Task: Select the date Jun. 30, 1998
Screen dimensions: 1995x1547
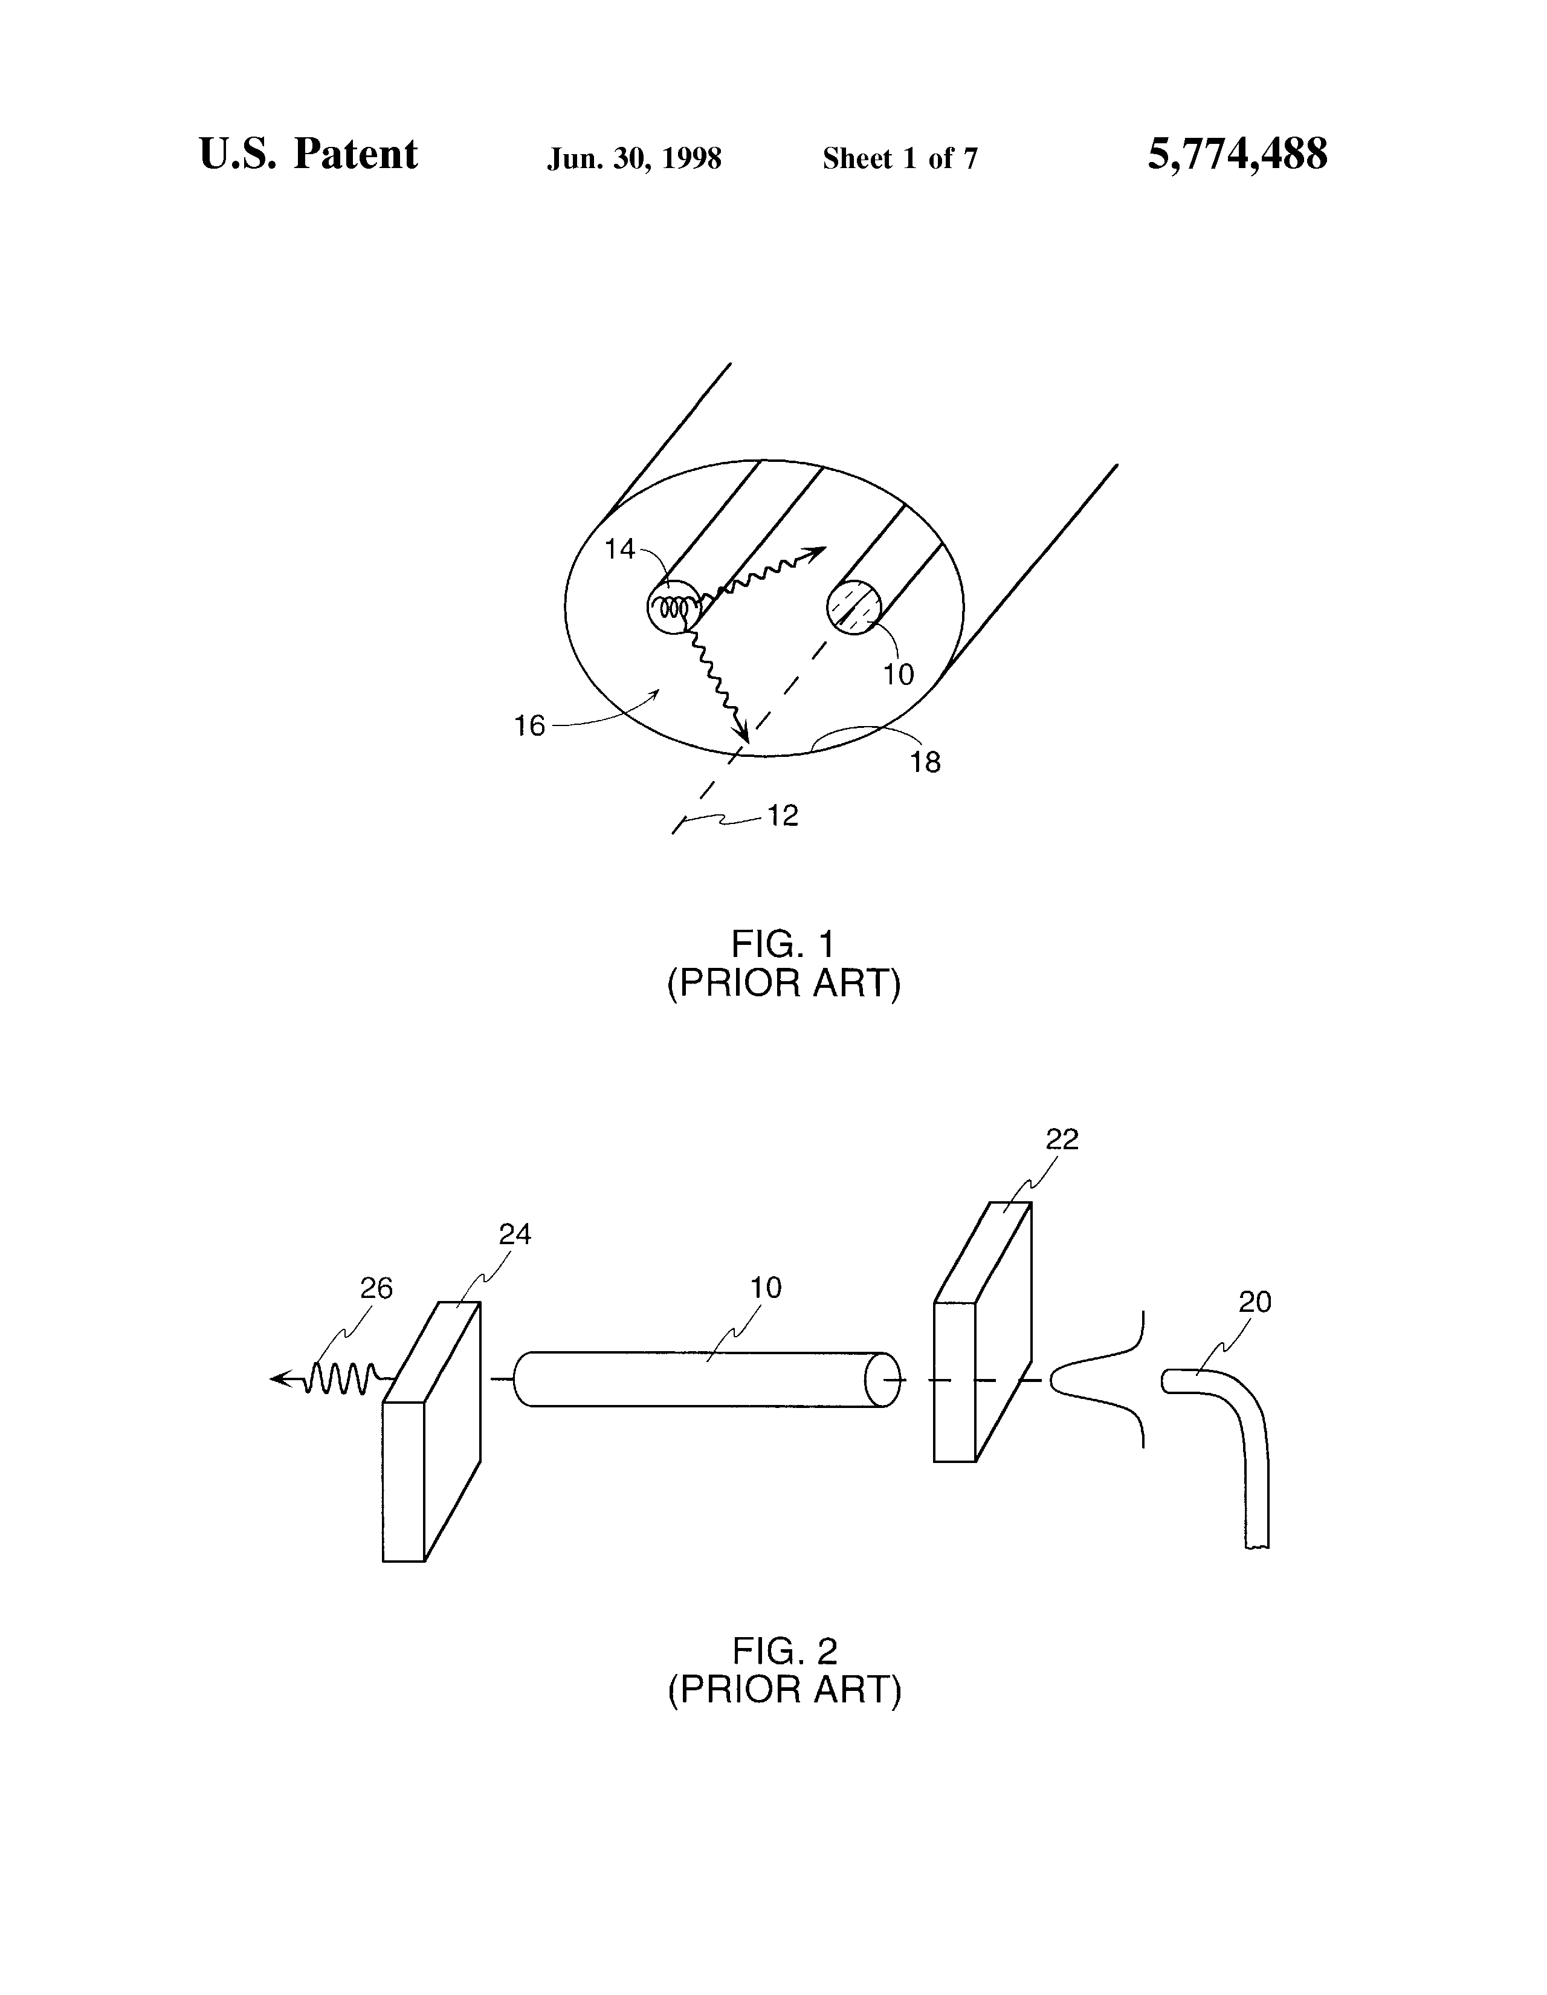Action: [x=634, y=159]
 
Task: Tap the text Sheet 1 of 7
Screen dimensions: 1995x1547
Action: [x=900, y=159]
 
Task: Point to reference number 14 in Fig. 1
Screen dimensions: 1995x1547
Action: [x=619, y=549]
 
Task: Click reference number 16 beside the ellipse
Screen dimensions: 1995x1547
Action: [x=529, y=726]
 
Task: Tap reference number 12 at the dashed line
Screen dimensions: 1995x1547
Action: [x=783, y=815]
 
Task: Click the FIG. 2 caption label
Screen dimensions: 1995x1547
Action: [x=784, y=1650]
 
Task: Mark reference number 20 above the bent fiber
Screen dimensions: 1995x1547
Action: [x=1255, y=1302]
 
